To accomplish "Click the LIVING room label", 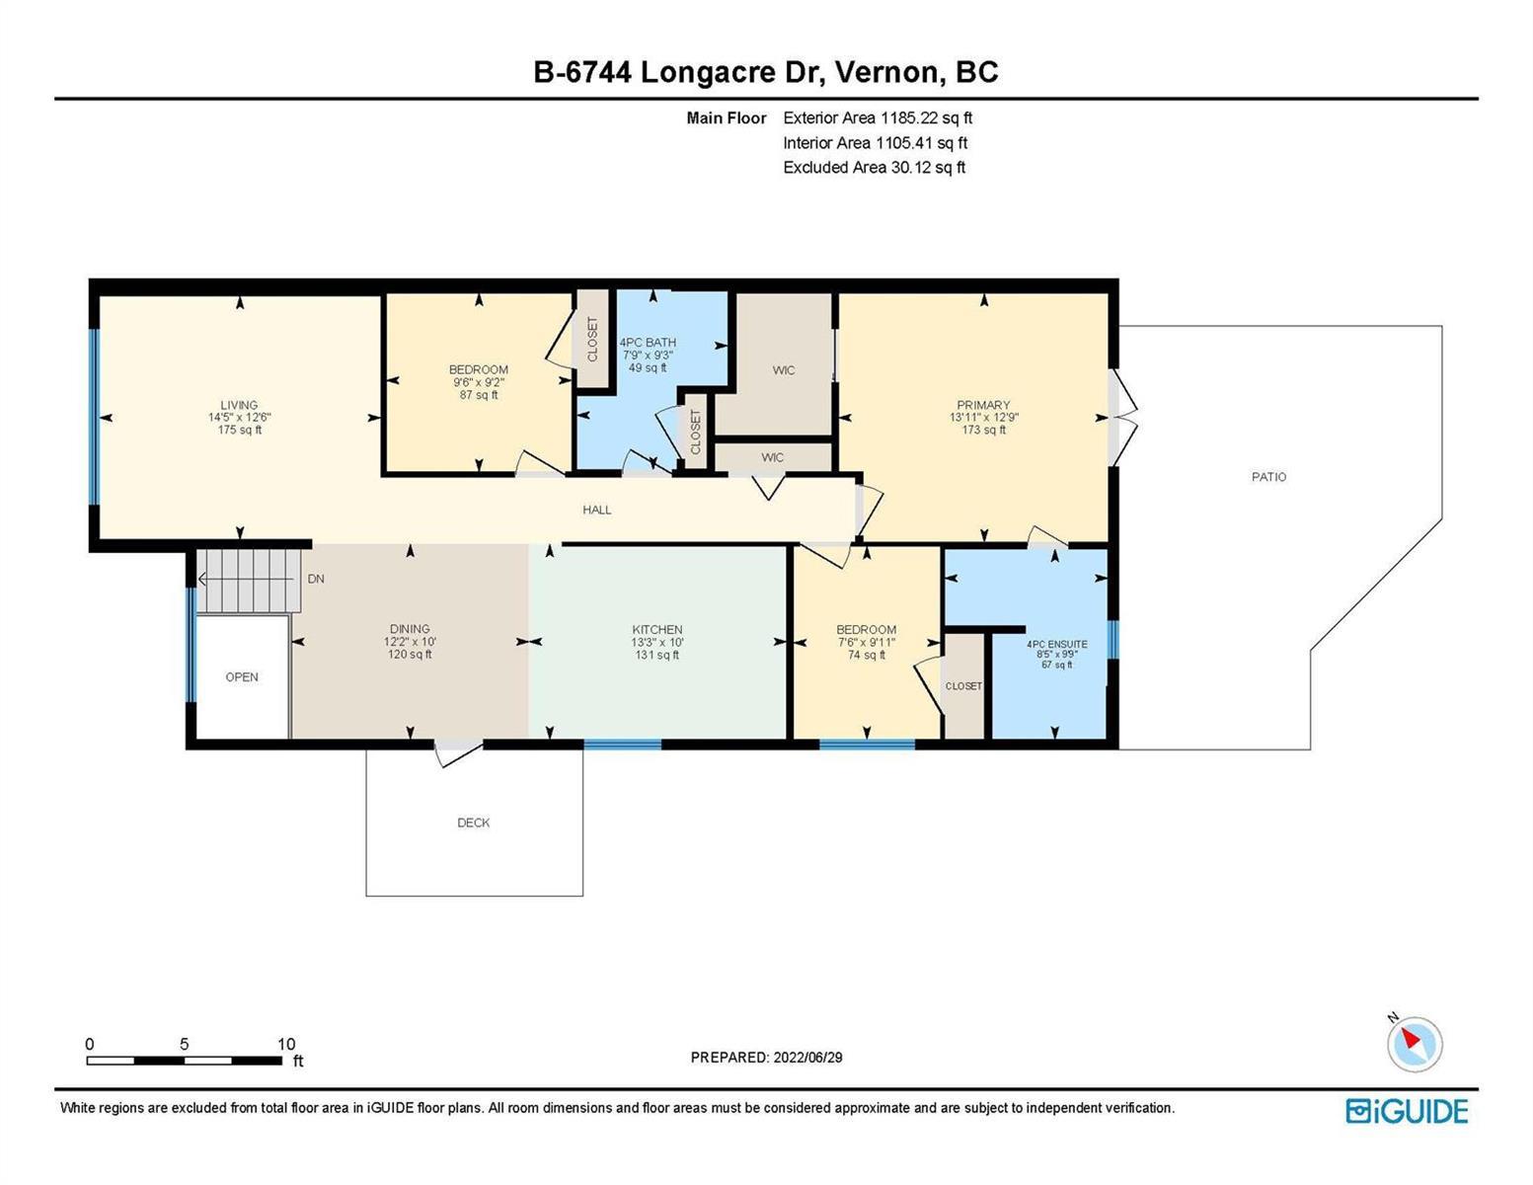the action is click(x=239, y=405).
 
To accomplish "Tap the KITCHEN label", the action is click(x=656, y=630).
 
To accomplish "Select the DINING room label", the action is click(x=410, y=629).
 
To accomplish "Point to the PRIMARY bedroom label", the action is click(x=983, y=405).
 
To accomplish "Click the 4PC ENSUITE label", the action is click(x=1057, y=645).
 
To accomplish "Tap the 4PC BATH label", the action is click(x=648, y=343).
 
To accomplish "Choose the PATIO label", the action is click(x=1268, y=477).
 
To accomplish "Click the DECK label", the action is click(x=474, y=823).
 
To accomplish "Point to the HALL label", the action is click(x=597, y=510).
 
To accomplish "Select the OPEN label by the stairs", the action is click(x=241, y=676).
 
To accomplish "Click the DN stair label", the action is click(x=315, y=579).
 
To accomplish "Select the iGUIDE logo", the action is click(x=1407, y=1111).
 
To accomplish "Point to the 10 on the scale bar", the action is click(x=285, y=1044).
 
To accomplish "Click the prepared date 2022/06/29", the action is click(x=807, y=1058).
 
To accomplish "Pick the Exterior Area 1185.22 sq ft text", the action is click(x=878, y=118).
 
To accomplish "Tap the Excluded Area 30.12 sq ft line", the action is click(x=874, y=167).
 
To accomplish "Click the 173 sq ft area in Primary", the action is click(x=983, y=430).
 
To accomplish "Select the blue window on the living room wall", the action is click(x=94, y=417).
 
